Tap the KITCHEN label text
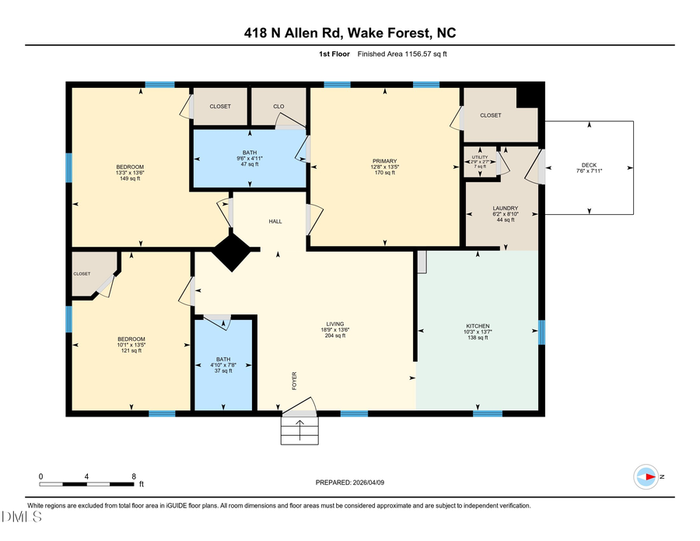pyautogui.click(x=478, y=326)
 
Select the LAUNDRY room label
pyautogui.click(x=505, y=209)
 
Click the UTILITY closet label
pyautogui.click(x=480, y=157)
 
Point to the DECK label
pyautogui.click(x=589, y=165)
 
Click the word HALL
pyautogui.click(x=275, y=222)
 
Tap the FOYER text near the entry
pyautogui.click(x=295, y=380)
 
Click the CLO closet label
pyautogui.click(x=278, y=106)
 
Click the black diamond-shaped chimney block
pyautogui.click(x=231, y=252)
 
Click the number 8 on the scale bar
pyautogui.click(x=134, y=476)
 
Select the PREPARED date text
pyautogui.click(x=349, y=483)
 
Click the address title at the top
pyautogui.click(x=349, y=33)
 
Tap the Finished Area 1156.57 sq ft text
pyautogui.click(x=402, y=54)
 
